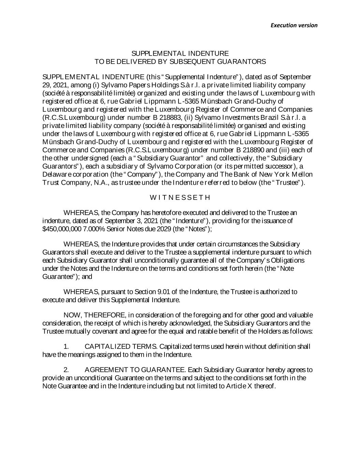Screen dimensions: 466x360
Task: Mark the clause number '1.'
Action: [67, 347]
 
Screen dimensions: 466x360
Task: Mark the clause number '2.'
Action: [67, 370]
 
